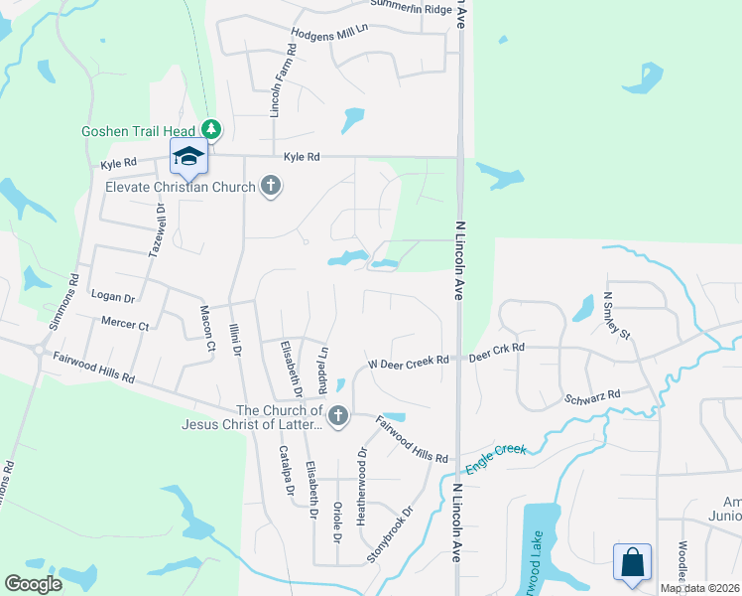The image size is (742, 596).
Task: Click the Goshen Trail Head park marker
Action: coord(210,129)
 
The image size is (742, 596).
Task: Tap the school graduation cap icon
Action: coord(188,155)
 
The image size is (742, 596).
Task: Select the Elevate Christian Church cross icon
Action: coord(270,186)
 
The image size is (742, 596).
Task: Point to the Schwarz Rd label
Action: coord(592,395)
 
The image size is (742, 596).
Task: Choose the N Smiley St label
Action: coord(610,315)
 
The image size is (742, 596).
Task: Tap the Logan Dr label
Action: coord(112,297)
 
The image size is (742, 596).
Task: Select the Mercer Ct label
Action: coord(124,324)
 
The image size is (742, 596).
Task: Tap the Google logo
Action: coord(34,584)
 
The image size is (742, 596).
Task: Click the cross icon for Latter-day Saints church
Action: coord(338,416)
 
